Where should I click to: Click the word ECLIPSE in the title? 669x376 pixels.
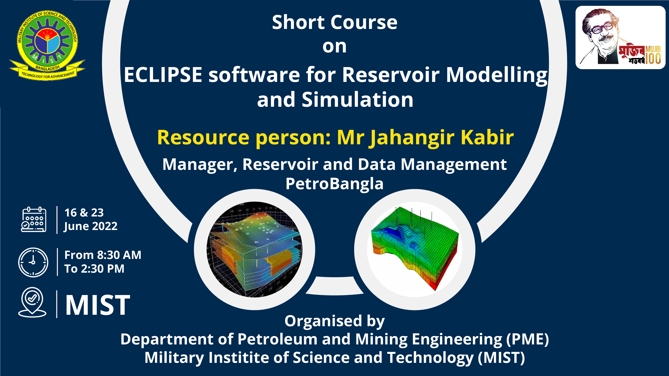[163, 75]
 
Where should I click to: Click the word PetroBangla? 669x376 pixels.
[334, 184]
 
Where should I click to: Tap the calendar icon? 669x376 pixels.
[33, 219]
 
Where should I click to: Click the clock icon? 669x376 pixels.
[33, 262]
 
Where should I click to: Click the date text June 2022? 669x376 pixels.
[91, 226]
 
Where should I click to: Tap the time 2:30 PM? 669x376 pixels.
[103, 269]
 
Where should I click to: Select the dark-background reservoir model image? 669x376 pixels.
[254, 249]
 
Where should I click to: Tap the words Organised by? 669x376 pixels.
[334, 321]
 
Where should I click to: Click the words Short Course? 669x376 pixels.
[334, 22]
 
